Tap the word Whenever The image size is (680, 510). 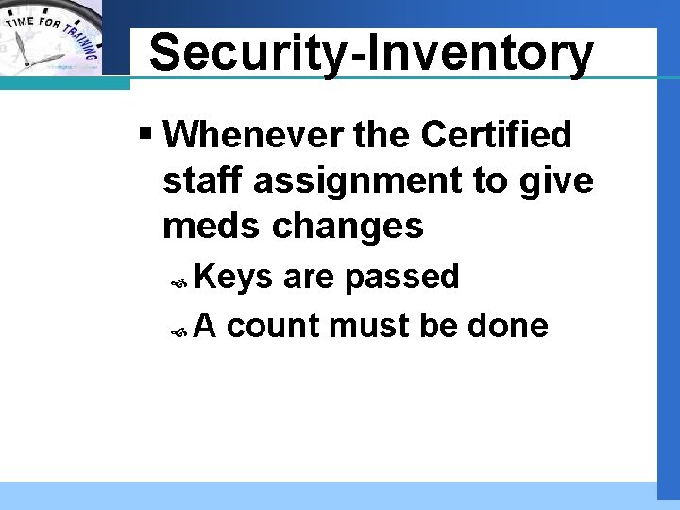pos(254,136)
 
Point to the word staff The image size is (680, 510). pos(197,181)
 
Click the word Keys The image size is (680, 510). pos(234,278)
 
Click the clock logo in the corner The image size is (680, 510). pos(52,38)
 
